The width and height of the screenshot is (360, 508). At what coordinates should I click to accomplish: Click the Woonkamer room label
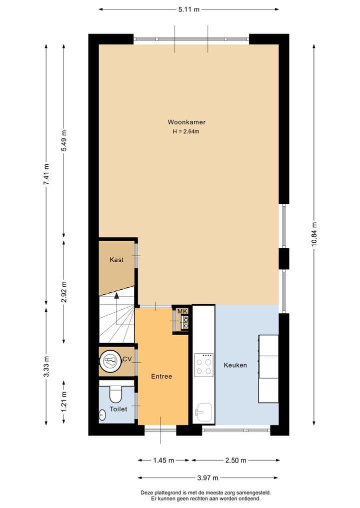[x=186, y=122]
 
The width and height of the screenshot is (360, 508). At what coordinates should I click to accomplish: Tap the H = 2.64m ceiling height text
[x=186, y=132]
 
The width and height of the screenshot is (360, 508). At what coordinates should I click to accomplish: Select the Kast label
[x=116, y=260]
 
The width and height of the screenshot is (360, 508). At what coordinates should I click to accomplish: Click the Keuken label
[x=235, y=365]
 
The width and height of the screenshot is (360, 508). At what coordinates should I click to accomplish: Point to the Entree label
[x=161, y=376]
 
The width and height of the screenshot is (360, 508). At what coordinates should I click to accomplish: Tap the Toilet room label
[x=118, y=409]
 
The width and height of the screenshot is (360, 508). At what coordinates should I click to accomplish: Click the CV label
[x=127, y=359]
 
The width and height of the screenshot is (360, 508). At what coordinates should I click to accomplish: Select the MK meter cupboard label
[x=182, y=312]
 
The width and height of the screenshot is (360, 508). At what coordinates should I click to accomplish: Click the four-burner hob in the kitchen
[x=203, y=365]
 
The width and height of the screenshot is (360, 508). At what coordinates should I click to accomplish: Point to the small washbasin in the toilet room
[x=102, y=415]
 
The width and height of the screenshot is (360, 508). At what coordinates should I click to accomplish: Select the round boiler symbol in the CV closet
[x=109, y=360]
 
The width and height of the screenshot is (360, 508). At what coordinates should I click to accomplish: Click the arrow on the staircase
[x=116, y=296]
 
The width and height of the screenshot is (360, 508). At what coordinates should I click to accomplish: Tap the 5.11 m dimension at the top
[x=189, y=9]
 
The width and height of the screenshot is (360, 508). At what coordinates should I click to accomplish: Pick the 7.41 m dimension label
[x=46, y=175]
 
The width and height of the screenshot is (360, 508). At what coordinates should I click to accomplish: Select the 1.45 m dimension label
[x=163, y=460]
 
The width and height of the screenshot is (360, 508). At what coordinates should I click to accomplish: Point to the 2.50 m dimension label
[x=235, y=460]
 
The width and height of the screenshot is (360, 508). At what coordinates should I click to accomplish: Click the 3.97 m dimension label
[x=208, y=478]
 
